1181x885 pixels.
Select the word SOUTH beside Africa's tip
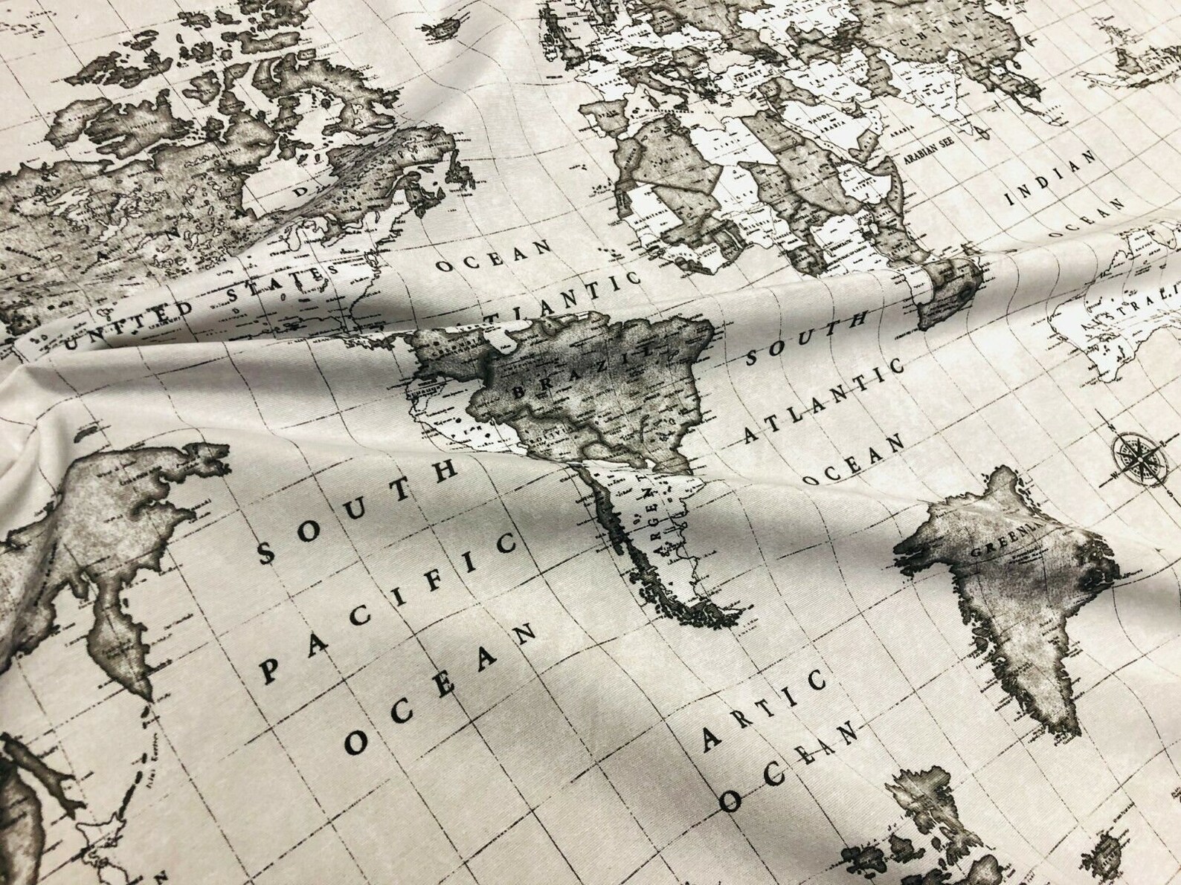806,338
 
